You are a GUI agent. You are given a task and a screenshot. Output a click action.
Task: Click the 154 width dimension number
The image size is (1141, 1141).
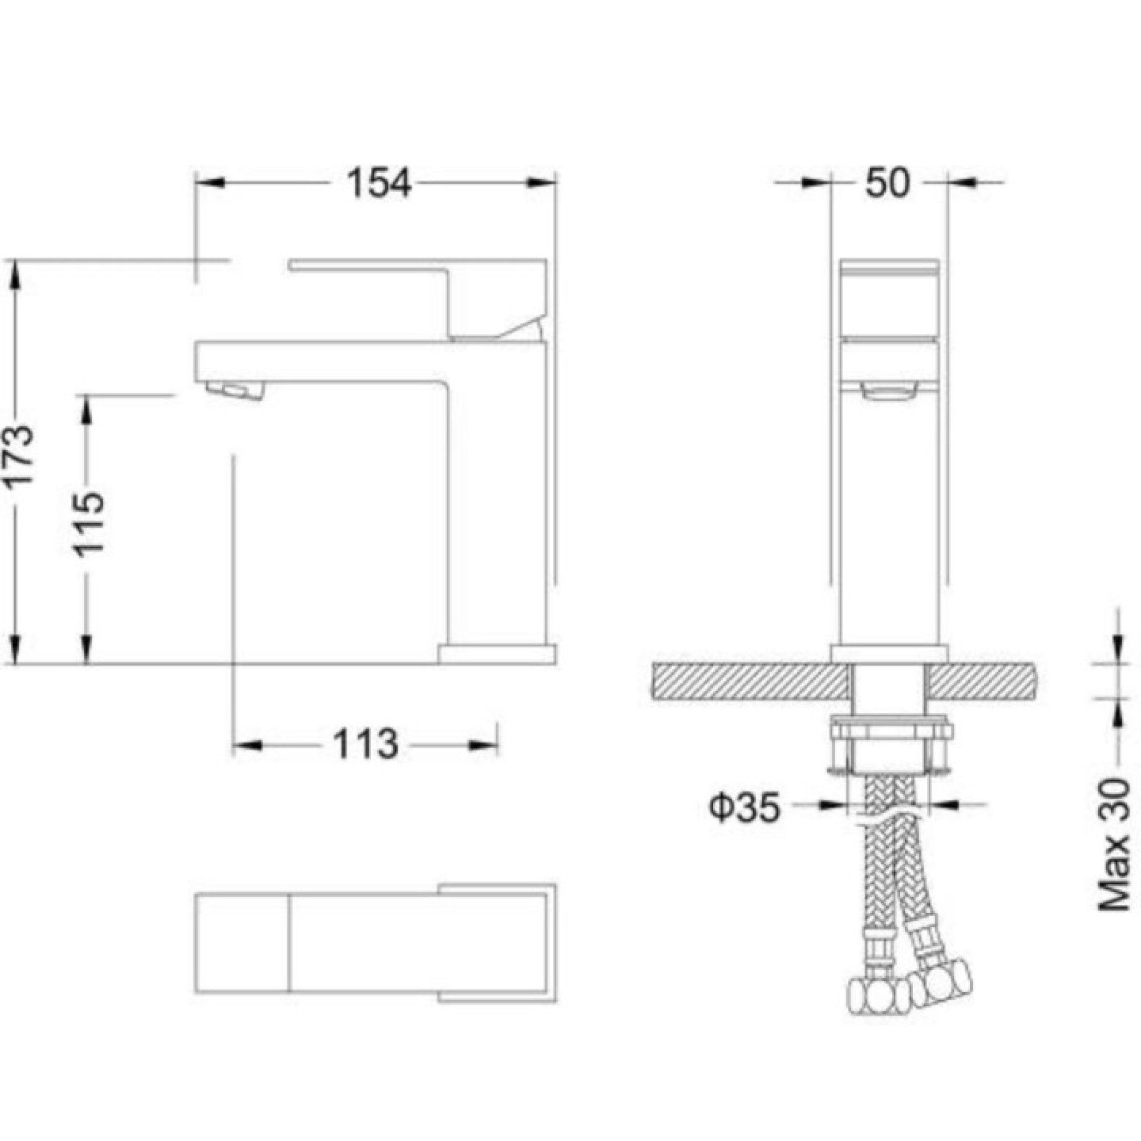(x=378, y=183)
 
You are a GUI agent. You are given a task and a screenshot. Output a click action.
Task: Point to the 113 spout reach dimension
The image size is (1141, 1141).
(x=366, y=744)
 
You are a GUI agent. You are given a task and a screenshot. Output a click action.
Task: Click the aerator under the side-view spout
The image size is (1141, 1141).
(x=234, y=390)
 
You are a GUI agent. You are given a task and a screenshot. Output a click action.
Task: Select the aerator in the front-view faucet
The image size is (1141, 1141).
(x=889, y=391)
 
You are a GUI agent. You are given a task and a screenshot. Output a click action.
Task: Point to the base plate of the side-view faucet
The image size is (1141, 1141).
(x=497, y=654)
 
